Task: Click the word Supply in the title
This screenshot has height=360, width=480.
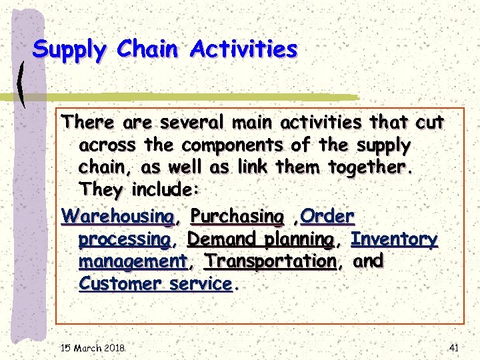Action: click(70, 50)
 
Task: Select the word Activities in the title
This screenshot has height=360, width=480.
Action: click(243, 49)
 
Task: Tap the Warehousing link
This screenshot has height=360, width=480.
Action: click(117, 217)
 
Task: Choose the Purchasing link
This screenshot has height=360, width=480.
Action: click(237, 217)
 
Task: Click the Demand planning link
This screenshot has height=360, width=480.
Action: click(260, 239)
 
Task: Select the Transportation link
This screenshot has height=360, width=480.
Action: click(270, 261)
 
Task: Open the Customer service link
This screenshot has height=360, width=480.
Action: click(155, 283)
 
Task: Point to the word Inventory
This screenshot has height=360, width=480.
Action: click(395, 238)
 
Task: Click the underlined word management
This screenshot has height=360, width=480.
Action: click(132, 261)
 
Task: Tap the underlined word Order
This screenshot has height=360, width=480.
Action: click(328, 216)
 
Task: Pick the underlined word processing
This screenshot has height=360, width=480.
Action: click(123, 239)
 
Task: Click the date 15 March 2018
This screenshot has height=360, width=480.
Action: click(93, 347)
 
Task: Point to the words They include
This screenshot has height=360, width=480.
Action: click(137, 189)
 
